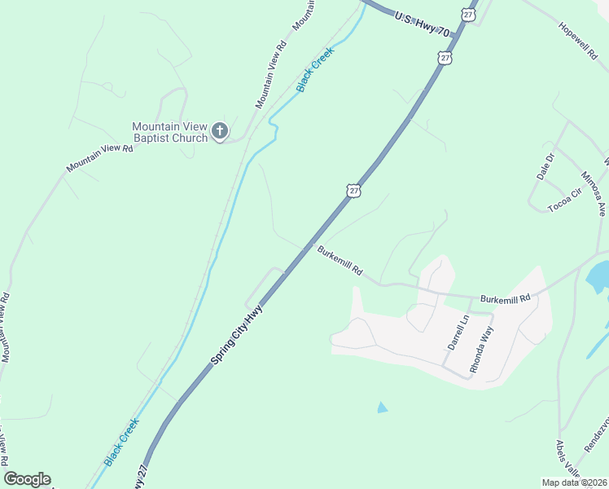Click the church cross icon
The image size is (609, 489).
pos(219,131)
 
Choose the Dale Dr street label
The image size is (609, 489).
pos(545,165)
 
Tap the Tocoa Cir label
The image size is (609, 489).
pos(565,200)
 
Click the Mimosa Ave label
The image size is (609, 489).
pos(594,193)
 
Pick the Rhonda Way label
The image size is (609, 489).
pos(482,350)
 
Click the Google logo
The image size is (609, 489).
pos(27,479)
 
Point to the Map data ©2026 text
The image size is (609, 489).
pos(573,482)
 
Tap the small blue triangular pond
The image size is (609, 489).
pos(383,407)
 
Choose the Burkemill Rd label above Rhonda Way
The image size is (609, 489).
pos(505,299)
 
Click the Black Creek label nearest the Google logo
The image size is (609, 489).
pos(122,442)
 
